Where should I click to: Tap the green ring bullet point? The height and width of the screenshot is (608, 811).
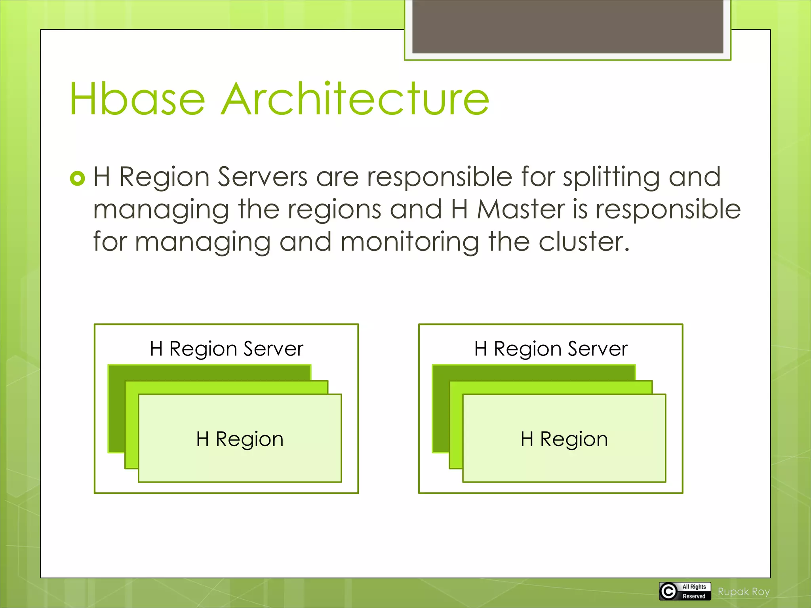(x=77, y=178)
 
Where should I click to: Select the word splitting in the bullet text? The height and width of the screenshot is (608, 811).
(x=611, y=177)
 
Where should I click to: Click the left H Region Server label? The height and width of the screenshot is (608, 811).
(x=226, y=349)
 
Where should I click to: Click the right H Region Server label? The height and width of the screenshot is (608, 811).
(x=550, y=349)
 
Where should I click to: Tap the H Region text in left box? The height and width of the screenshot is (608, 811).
(x=240, y=439)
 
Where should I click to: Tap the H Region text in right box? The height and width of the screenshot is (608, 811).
(x=564, y=439)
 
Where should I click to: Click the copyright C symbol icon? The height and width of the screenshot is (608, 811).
(x=668, y=591)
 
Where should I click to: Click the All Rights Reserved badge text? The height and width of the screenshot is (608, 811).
(x=694, y=591)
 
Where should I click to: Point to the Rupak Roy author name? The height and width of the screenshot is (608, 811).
(x=744, y=592)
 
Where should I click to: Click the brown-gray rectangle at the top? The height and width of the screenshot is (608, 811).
(x=567, y=26)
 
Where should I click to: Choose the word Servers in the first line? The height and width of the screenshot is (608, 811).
(x=263, y=177)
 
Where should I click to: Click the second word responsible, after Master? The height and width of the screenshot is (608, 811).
(x=668, y=209)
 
